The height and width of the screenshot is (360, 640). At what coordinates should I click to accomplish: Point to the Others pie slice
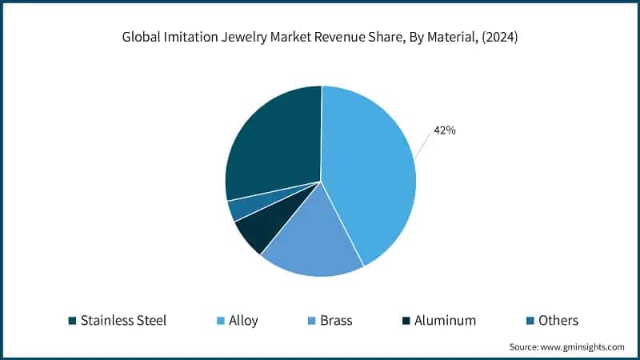tap(238, 208)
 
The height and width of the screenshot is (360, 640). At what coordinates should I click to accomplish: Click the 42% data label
tap(444, 130)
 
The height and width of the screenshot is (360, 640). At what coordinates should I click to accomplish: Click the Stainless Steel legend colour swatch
tap(72, 321)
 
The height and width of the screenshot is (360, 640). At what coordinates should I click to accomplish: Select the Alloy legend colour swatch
tap(220, 321)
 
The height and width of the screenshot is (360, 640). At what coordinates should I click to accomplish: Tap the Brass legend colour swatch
tap(308, 321)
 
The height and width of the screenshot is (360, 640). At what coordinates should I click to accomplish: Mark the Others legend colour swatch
tap(530, 321)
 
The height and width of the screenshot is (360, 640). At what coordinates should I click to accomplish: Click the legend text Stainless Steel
tap(123, 321)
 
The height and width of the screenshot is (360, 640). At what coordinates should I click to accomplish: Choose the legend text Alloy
tap(245, 321)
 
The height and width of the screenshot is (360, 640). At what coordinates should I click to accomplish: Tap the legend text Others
tap(558, 321)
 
